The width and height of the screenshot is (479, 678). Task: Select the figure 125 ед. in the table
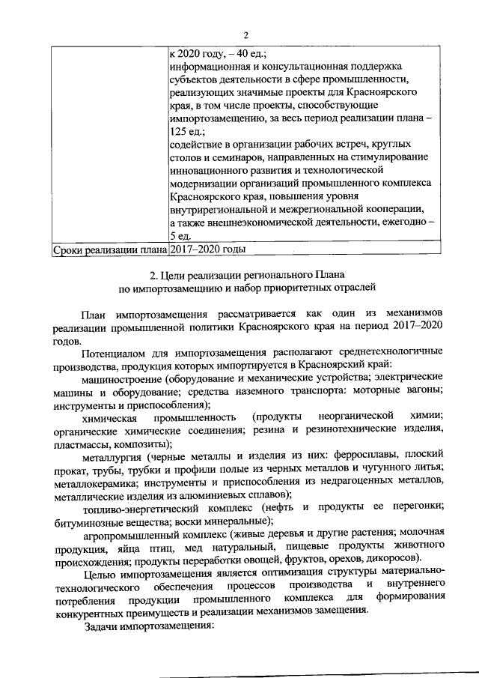pos(186,130)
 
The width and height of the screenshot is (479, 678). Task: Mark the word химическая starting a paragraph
pos(110,416)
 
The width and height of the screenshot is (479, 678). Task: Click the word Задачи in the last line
pos(103,626)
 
